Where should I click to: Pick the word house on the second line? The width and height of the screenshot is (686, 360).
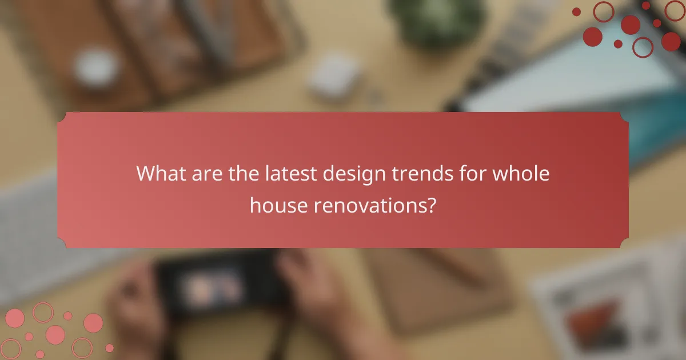(x=278, y=205)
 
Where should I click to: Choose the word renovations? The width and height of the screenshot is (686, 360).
(x=369, y=205)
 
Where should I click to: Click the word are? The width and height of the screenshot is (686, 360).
(x=205, y=173)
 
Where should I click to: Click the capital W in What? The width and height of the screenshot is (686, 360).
(x=145, y=173)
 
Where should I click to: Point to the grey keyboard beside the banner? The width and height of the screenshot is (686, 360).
(x=29, y=229)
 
